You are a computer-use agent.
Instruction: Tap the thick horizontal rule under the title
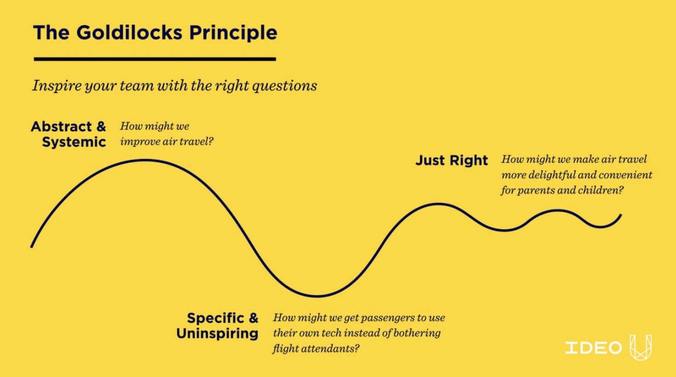155,59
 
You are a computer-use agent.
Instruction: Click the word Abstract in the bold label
62,126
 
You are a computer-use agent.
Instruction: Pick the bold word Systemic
74,142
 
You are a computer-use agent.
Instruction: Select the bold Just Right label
452,160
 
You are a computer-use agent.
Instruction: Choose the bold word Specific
216,318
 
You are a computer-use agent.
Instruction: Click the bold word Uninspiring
217,333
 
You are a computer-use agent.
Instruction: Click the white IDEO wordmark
594,348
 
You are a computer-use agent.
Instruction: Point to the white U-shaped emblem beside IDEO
641,348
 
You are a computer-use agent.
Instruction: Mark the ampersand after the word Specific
253,318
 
